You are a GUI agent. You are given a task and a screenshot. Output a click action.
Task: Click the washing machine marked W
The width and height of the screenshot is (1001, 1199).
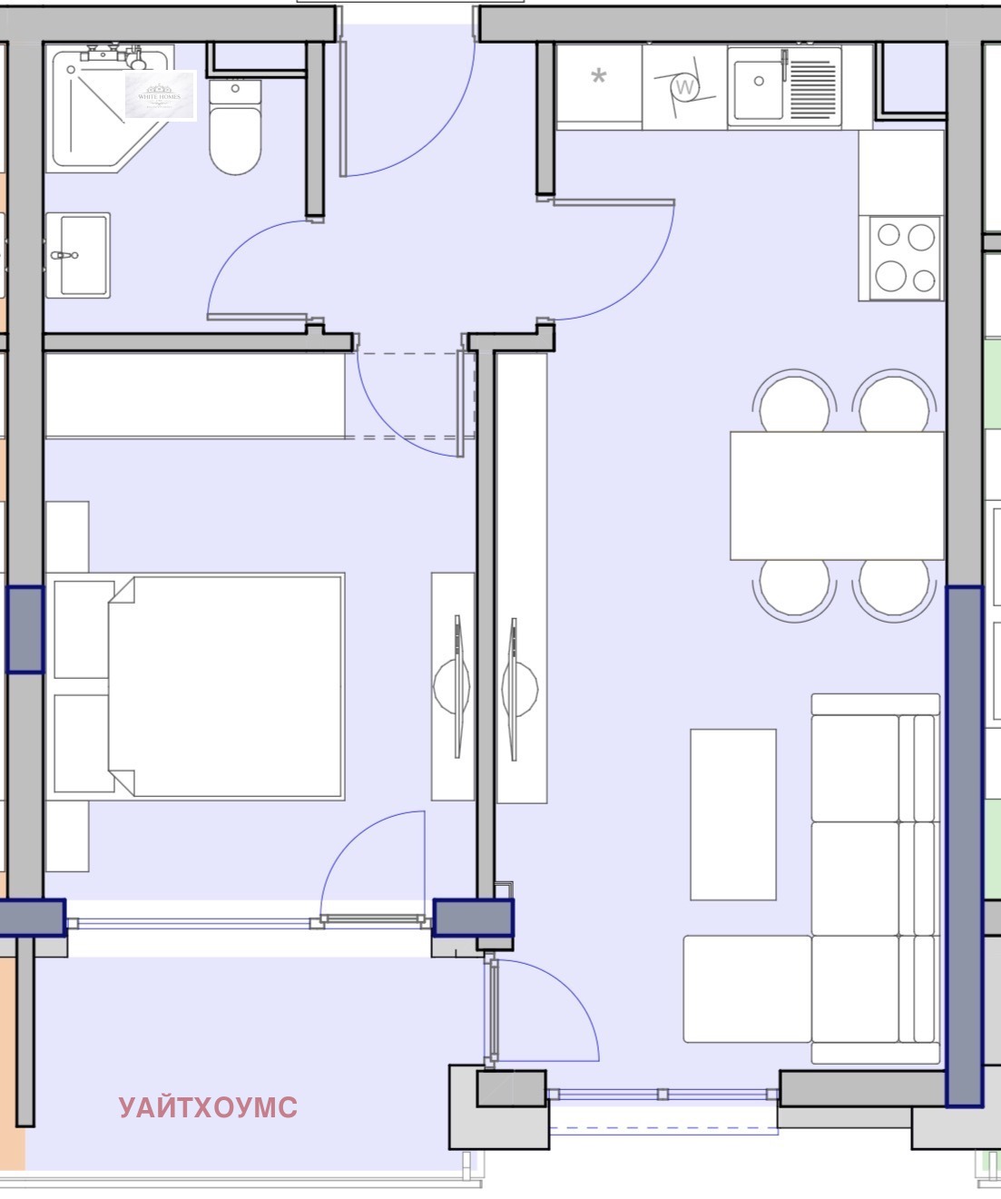tap(685, 87)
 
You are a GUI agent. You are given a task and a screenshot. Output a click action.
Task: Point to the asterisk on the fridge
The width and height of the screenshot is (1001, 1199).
tap(598, 77)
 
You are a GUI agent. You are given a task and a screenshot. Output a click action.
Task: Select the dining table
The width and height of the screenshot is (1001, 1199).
tap(837, 496)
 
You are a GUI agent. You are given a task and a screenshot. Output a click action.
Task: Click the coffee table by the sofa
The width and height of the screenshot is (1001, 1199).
tap(733, 814)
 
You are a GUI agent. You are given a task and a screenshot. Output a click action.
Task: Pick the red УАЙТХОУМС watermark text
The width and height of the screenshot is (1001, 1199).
tap(208, 1107)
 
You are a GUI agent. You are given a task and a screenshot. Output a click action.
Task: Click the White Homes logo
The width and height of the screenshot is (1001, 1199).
tap(160, 95)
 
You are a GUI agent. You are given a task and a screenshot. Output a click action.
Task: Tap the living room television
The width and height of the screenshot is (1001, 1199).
tap(521, 686)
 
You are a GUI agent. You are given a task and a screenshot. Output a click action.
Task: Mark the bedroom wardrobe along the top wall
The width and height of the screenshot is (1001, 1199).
tap(195, 396)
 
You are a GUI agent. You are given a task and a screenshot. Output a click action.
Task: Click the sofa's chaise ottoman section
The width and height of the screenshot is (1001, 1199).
tap(746, 988)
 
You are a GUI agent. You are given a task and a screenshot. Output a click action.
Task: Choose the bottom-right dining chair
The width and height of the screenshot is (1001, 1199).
tap(894, 588)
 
